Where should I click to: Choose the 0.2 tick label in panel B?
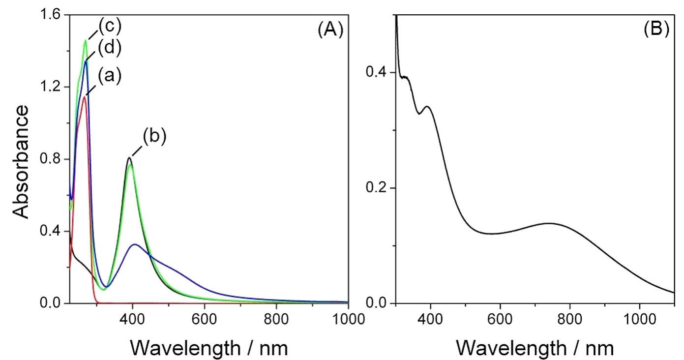[377, 188]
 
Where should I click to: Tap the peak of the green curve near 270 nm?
[86, 40]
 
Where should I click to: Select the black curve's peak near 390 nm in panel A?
[129, 158]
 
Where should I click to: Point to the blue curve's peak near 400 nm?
[134, 244]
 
